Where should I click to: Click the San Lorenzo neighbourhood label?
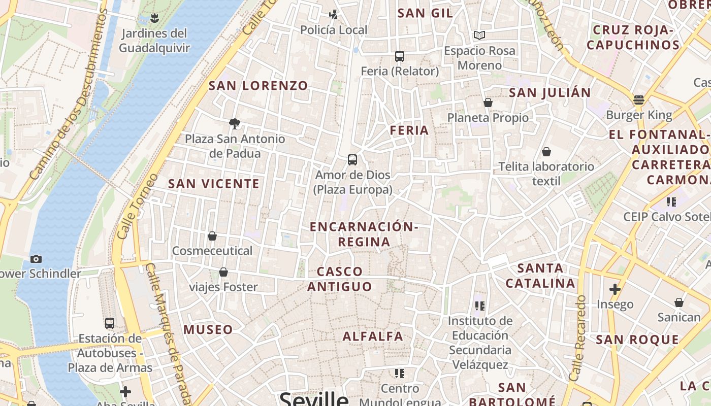(x=258, y=86)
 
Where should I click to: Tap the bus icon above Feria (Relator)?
(x=400, y=56)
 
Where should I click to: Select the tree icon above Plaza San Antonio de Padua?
(x=234, y=123)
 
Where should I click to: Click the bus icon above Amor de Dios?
(x=352, y=160)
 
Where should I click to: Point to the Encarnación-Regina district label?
(x=364, y=234)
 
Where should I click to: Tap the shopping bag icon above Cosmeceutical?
(x=212, y=236)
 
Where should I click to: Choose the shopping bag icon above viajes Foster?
(x=223, y=273)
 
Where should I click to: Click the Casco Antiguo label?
(x=340, y=279)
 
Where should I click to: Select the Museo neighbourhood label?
(x=208, y=330)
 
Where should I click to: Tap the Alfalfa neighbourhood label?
(x=373, y=336)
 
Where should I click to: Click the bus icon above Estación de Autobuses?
(x=110, y=323)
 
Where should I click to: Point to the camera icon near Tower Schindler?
(x=36, y=259)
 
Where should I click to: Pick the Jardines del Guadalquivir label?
(x=154, y=41)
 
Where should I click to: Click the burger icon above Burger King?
(x=639, y=100)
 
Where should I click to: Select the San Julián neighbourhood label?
(x=550, y=93)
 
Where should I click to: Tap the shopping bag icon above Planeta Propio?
(x=488, y=103)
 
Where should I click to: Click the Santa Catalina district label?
(x=540, y=276)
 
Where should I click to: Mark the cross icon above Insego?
(x=615, y=289)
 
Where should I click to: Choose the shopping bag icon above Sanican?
(x=678, y=303)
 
